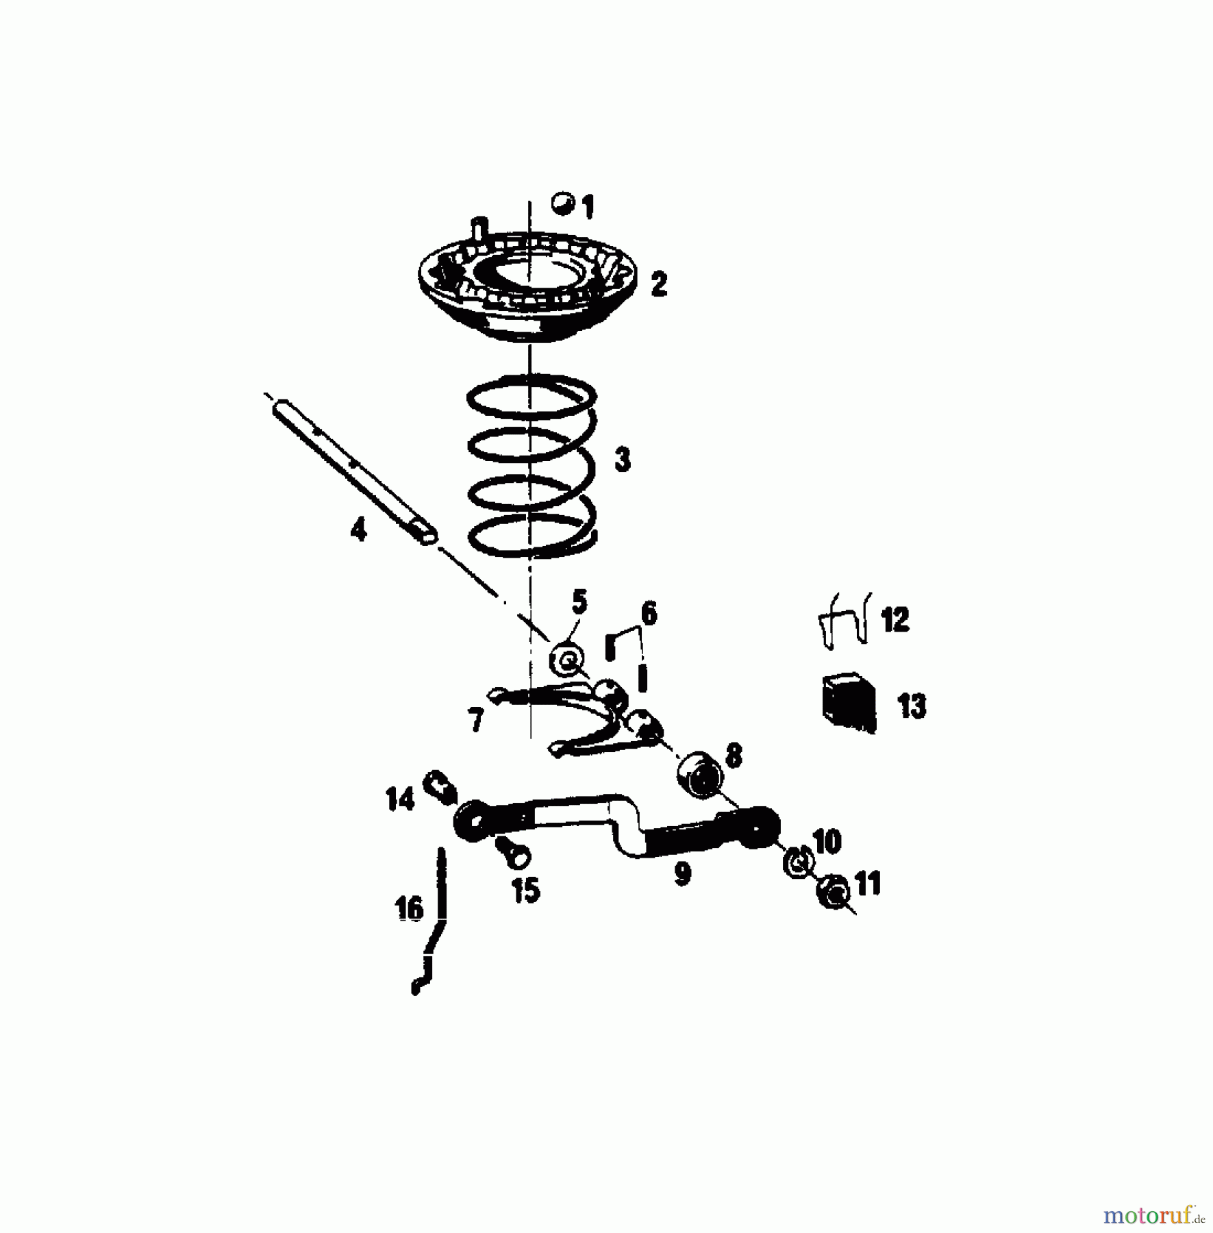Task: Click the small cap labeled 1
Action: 563,203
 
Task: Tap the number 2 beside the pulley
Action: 658,284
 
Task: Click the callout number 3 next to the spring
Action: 622,460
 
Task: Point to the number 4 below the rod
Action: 358,530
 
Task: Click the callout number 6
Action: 648,613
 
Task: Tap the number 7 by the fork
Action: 475,721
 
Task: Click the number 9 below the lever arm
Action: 682,874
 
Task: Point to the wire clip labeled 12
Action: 845,619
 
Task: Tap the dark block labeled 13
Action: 849,703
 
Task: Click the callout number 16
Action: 410,908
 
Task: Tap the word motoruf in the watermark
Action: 1149,1216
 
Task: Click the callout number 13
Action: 912,706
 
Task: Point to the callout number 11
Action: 867,884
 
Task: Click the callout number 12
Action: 895,619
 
